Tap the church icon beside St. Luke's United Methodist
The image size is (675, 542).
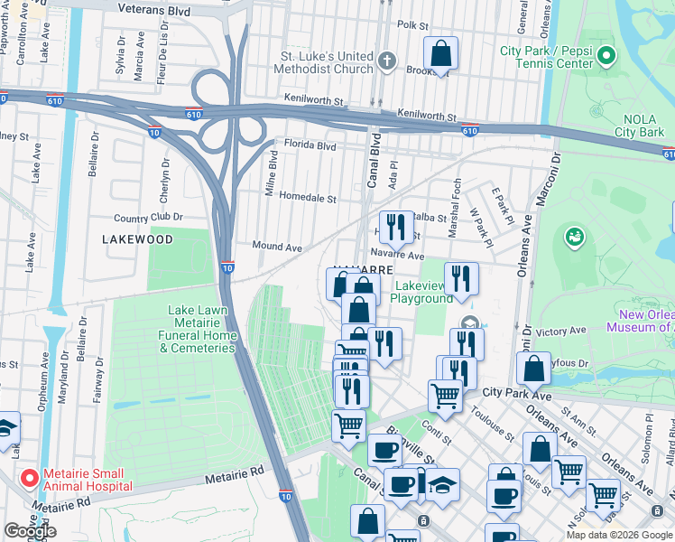click(387, 61)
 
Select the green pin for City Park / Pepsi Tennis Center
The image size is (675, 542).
click(607, 56)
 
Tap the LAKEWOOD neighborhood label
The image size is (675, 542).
click(137, 240)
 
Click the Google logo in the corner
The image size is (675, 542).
click(30, 531)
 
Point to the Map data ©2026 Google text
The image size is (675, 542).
click(618, 535)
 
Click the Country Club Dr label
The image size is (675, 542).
click(148, 218)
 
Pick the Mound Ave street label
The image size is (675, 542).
click(276, 247)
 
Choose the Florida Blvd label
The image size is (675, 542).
click(310, 145)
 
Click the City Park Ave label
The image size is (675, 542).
click(517, 392)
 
